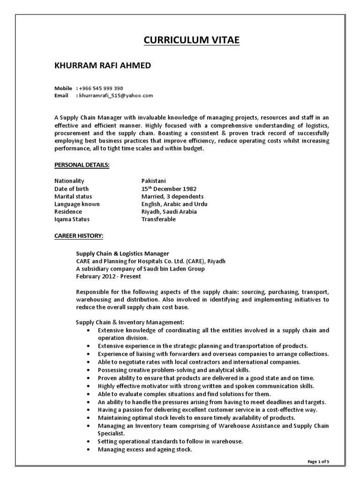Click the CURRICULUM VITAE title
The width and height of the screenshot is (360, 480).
tap(191, 40)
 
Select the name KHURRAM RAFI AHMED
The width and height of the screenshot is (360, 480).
tap(103, 65)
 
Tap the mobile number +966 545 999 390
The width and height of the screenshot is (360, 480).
tap(101, 88)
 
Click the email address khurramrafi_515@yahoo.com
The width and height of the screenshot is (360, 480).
tap(116, 95)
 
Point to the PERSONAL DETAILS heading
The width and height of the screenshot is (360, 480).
tap(82, 165)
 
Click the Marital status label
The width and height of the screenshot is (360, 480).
tap(73, 196)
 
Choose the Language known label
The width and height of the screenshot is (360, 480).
tap(77, 204)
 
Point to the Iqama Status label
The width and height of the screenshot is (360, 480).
tap(72, 219)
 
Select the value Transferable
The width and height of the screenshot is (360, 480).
tap(158, 219)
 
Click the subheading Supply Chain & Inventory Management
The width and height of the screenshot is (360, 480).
tap(130, 322)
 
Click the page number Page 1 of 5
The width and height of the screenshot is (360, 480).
tap(318, 462)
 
